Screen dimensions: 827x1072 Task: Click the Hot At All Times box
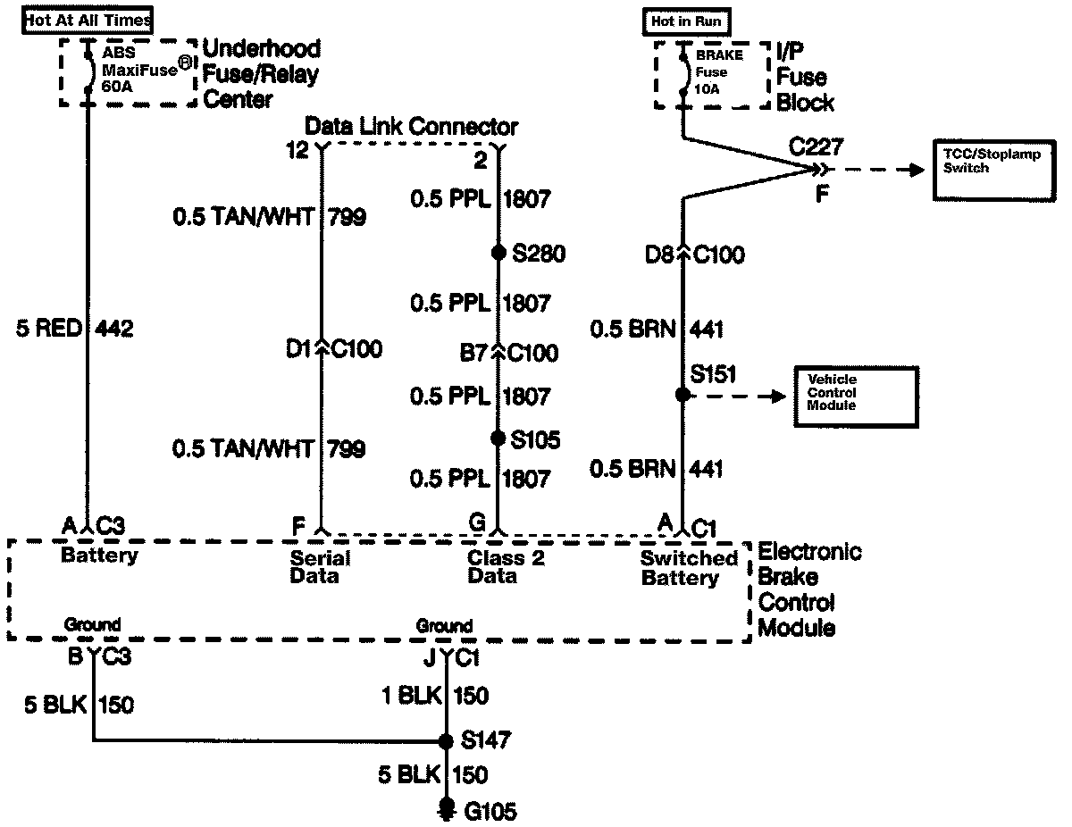(x=88, y=19)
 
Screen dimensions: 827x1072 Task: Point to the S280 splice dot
(x=498, y=253)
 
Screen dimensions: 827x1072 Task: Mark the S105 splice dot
(x=498, y=438)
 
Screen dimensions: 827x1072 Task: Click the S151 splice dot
(x=683, y=394)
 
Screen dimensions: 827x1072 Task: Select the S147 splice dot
(x=446, y=740)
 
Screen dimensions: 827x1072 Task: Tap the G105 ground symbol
(x=446, y=810)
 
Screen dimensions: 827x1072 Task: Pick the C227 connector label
(x=815, y=146)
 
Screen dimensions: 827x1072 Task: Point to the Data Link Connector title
(x=411, y=126)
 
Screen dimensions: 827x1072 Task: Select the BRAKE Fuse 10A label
(x=719, y=72)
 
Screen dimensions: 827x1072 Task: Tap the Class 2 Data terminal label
(x=505, y=567)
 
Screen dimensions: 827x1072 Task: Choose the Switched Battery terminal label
(x=689, y=568)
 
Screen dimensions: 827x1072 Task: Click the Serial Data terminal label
(x=320, y=567)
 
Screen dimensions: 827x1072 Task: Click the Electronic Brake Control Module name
(x=809, y=589)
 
